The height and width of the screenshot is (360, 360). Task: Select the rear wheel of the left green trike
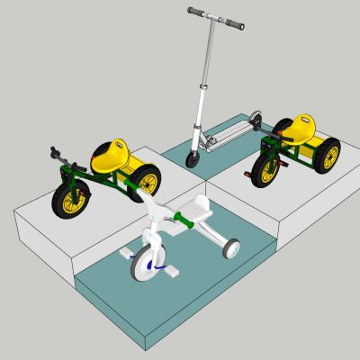(147, 183)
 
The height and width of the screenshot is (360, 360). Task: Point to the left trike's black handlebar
(56, 153)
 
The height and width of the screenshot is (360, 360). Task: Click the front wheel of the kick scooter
(193, 159)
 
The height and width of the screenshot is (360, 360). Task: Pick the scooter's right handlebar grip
(235, 24)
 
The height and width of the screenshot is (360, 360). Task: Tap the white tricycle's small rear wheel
(232, 249)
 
